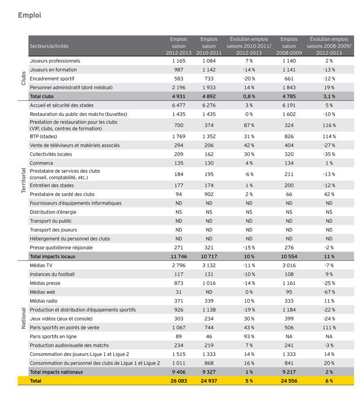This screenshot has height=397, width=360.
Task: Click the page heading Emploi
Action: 30,15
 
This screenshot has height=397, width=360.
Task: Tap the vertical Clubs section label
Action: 22,78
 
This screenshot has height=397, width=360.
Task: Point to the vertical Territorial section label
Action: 22,181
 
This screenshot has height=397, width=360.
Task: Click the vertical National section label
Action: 22,319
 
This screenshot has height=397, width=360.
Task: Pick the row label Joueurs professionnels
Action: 55,61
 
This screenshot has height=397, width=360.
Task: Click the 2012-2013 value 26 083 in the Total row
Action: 178,381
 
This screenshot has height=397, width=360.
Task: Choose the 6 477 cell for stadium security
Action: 178,105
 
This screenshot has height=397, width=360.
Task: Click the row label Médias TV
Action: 41,265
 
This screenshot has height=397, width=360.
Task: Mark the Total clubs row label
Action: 42,96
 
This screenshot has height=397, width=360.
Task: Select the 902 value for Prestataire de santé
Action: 209,194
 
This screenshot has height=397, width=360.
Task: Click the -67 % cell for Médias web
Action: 329,292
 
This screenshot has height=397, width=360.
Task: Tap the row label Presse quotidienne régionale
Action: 61,247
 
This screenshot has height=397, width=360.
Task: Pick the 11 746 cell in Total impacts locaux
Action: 178,256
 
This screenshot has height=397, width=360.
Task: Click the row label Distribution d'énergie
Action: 53,212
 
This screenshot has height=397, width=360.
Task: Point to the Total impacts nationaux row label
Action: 56,372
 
